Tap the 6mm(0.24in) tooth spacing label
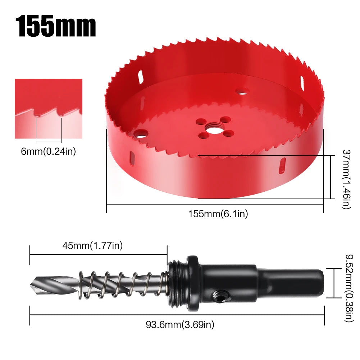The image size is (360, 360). pyautogui.click(x=49, y=152)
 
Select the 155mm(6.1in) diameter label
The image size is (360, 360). pyautogui.click(x=218, y=214)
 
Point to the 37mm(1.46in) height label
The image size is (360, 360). pyautogui.click(x=346, y=179)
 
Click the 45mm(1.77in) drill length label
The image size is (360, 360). pyautogui.click(x=93, y=246)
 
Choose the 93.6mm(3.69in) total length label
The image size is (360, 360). pyautogui.click(x=180, y=325)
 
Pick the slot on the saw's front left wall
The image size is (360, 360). pyautogui.click(x=132, y=159)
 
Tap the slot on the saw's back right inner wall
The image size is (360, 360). pyautogui.click(x=301, y=83)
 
